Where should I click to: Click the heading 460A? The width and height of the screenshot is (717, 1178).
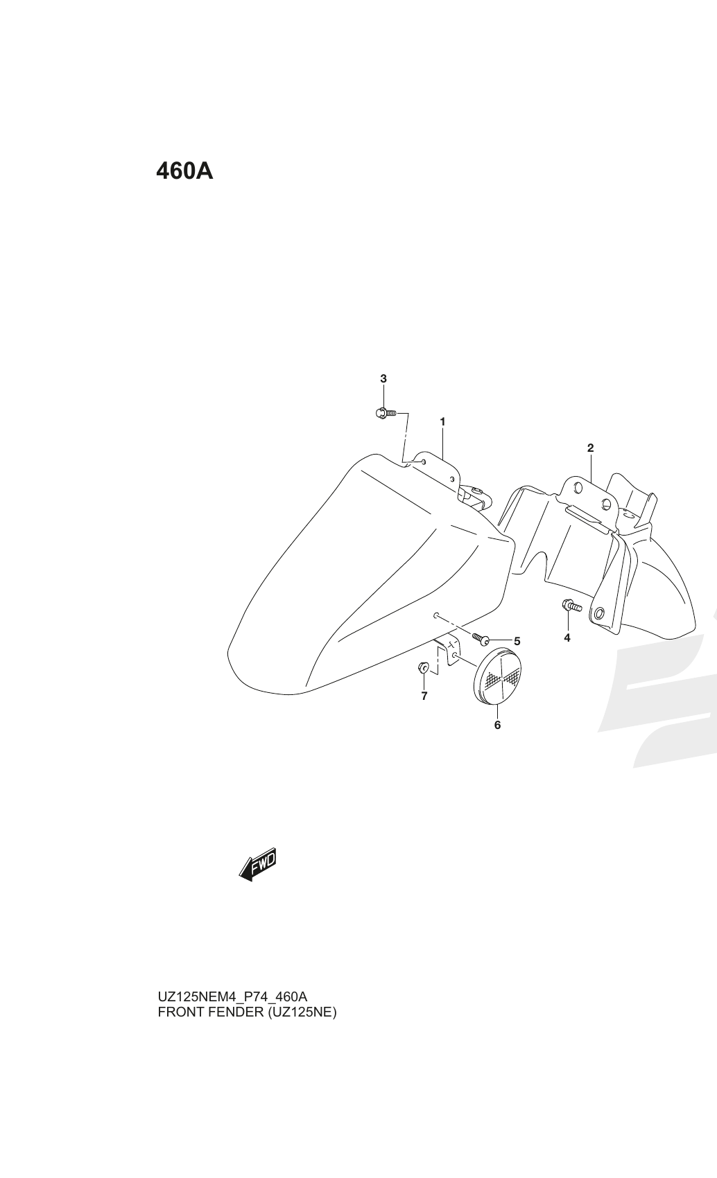point(184,171)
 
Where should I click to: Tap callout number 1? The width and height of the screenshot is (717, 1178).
point(442,422)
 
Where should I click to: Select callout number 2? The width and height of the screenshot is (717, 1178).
point(590,448)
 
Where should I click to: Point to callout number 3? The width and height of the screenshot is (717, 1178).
point(383,378)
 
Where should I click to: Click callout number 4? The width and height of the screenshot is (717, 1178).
point(567,638)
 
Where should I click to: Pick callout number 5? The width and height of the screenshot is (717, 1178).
point(517,642)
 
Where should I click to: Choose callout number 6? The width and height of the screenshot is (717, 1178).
point(497,726)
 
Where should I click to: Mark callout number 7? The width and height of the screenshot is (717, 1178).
point(424,696)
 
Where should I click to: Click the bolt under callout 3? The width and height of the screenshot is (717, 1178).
point(386,414)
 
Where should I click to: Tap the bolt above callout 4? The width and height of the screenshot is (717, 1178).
point(571,606)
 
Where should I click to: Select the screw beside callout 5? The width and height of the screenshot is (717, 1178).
point(481,638)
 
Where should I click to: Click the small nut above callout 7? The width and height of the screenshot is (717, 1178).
point(423,669)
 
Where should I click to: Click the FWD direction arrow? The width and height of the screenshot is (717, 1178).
point(257,865)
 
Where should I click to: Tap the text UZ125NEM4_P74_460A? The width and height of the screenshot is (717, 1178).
point(233,996)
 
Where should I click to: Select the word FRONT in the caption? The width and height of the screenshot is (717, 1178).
point(181,1012)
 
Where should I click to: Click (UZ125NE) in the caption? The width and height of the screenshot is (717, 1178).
point(302,1012)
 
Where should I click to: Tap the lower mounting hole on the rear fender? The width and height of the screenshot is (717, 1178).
point(598,613)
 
